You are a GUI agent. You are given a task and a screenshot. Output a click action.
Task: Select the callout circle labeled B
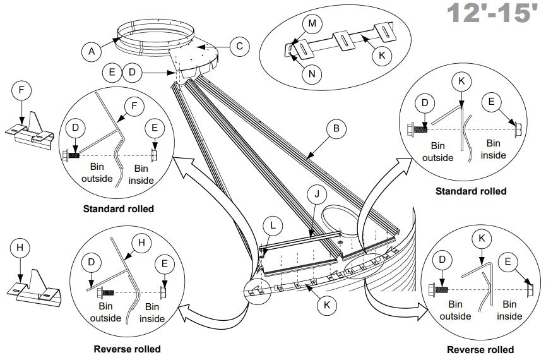[336, 129]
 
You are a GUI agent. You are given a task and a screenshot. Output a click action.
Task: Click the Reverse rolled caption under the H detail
[127, 349]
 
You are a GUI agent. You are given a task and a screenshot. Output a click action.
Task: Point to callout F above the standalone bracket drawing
[21, 90]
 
